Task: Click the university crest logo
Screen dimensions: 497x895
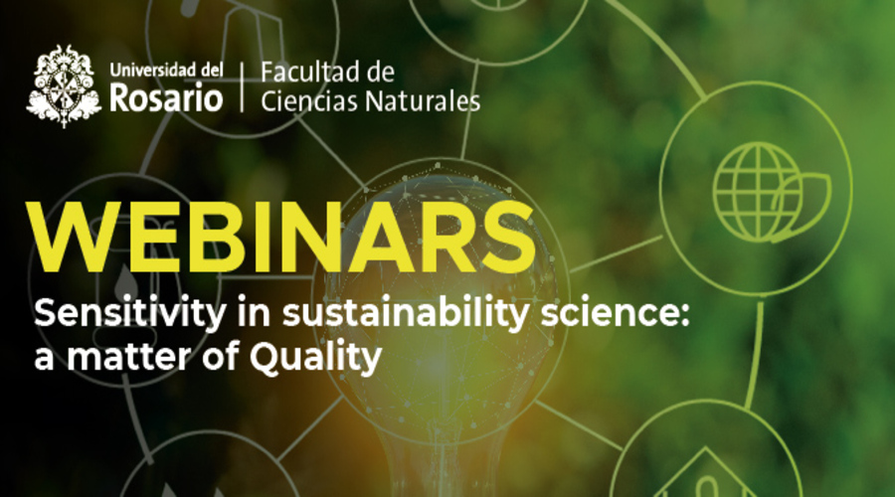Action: pyautogui.click(x=64, y=85)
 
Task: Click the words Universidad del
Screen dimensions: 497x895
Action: pyautogui.click(x=163, y=71)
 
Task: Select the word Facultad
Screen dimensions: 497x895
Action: pyautogui.click(x=305, y=73)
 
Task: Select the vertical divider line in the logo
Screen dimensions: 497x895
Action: pyautogui.click(x=242, y=85)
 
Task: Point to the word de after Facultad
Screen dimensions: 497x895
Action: pyautogui.click(x=377, y=73)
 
